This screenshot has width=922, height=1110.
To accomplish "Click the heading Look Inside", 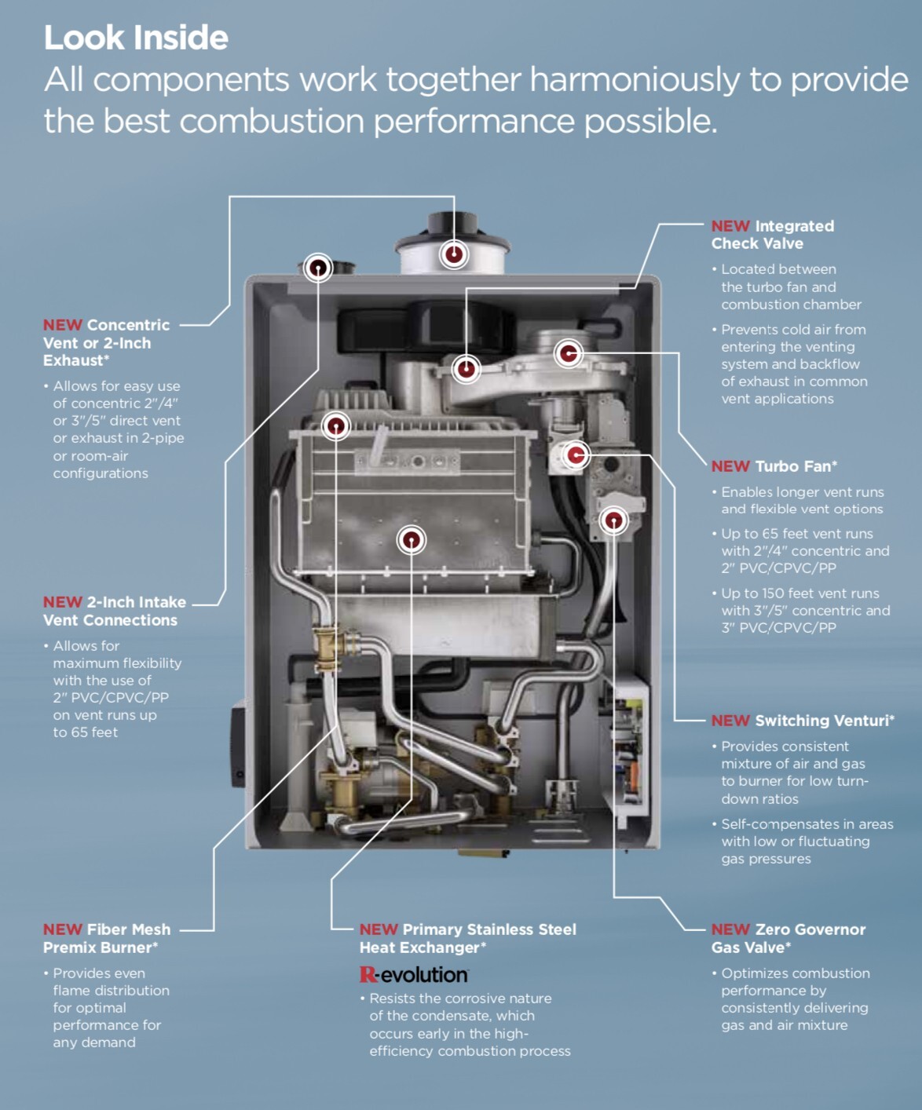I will [136, 38].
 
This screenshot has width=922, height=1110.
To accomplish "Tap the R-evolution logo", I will [413, 974].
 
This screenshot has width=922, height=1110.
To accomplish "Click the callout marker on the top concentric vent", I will [454, 254].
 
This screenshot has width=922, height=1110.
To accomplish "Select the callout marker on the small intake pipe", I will [318, 268].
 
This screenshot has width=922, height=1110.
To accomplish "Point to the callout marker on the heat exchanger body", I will [411, 540].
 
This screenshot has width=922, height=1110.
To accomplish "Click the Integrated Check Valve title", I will [773, 235].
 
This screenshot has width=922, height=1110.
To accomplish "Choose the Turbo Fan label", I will [796, 466].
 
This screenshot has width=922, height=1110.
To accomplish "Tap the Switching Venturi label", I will [824, 721].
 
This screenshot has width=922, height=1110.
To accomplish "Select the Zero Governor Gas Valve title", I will [788, 938].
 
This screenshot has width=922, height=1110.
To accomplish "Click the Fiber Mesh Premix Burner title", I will [107, 938].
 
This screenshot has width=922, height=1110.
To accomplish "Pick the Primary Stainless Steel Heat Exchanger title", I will [468, 938].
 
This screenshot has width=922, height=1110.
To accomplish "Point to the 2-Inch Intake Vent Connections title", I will [115, 611].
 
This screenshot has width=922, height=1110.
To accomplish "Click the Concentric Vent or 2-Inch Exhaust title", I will [106, 342].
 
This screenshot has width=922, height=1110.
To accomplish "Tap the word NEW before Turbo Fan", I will [730, 466].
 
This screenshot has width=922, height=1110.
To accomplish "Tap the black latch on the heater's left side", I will [238, 746].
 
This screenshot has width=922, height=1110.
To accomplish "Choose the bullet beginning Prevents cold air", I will [793, 364].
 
